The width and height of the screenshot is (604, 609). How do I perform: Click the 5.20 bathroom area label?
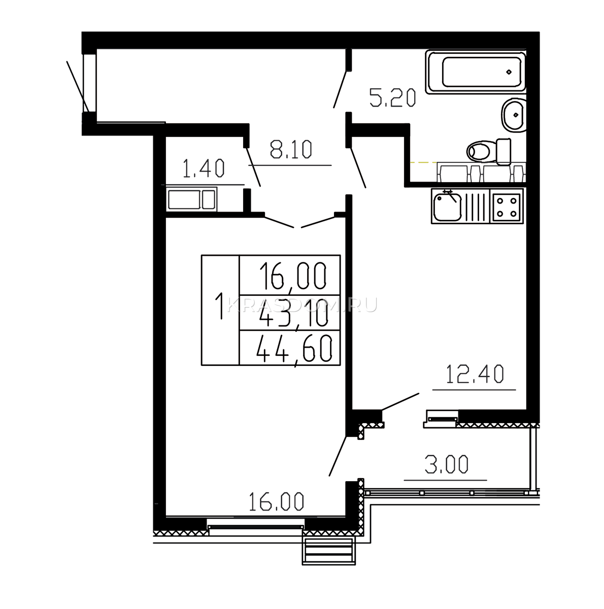coord(392,98)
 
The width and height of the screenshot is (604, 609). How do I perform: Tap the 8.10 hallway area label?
coord(291,150)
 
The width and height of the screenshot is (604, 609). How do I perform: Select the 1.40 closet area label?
coord(204,168)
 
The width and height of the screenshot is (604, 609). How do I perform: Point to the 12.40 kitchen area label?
coord(475,374)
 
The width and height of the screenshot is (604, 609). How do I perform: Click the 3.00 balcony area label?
coord(446,464)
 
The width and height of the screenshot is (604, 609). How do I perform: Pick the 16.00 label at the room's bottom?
coord(277,502)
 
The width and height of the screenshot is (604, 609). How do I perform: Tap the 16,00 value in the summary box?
coord(292,276)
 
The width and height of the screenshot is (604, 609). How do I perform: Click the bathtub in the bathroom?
coord(476,72)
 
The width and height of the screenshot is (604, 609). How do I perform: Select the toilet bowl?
coord(489,151)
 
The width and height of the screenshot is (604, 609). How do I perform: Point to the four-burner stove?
coord(506,206)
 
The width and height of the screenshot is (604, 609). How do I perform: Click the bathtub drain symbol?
coord(509,72)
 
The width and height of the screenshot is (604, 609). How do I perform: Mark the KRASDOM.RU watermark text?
coord(302,305)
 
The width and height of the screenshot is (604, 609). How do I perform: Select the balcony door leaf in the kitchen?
coord(400,401)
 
